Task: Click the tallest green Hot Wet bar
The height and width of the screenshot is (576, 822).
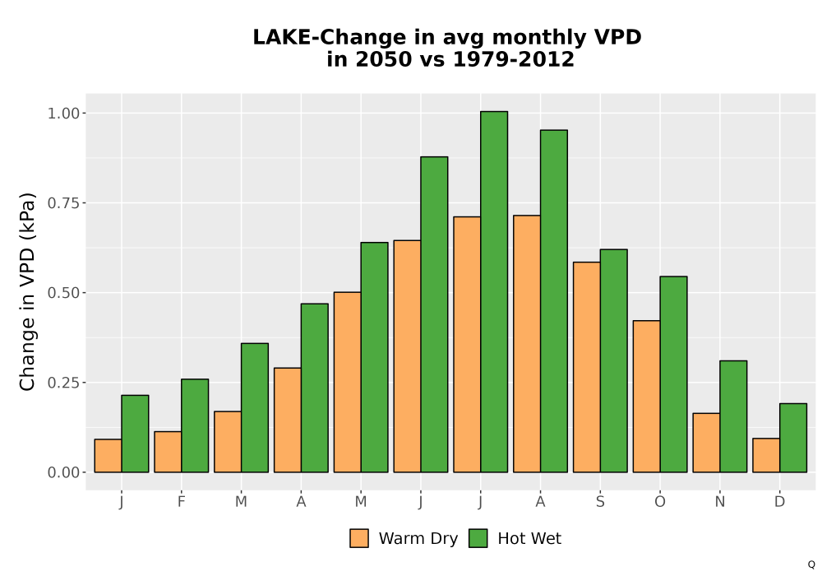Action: (494, 291)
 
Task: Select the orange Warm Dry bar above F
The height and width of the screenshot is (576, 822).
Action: (168, 452)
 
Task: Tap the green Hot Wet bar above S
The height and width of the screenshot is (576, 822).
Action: (614, 361)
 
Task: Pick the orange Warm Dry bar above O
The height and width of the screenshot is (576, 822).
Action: (646, 397)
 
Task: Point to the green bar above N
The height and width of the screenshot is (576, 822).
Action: (733, 416)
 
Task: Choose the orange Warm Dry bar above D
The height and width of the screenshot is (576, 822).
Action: (766, 455)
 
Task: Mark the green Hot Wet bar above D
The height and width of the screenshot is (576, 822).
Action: (793, 438)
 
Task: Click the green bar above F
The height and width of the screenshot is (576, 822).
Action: (195, 425)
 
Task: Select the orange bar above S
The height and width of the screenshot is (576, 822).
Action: (587, 367)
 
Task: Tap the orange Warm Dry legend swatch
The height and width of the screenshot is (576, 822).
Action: (359, 538)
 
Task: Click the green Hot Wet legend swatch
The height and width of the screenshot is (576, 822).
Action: (478, 538)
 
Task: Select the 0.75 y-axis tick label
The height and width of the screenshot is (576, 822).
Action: (63, 203)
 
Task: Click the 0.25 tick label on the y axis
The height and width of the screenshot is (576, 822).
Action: (63, 383)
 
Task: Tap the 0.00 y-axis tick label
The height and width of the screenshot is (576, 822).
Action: (63, 472)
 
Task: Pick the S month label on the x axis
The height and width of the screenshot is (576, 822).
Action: (600, 502)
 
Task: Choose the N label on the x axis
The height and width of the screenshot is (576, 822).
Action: (720, 502)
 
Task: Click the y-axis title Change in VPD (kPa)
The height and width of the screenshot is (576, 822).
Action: (27, 291)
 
